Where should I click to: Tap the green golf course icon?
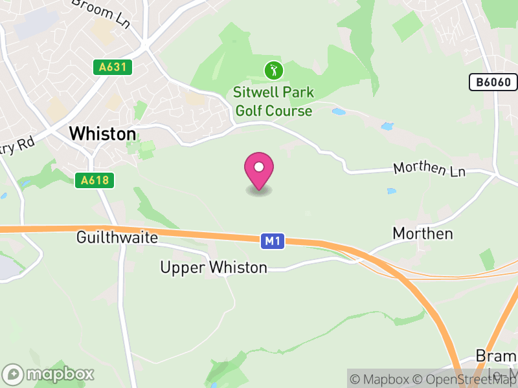click(273, 69)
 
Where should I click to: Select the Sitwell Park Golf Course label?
click(273, 102)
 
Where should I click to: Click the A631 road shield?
click(112, 67)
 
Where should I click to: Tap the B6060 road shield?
click(493, 81)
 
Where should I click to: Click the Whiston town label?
click(102, 134)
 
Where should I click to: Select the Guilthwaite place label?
click(117, 237)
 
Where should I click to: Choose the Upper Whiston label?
click(214, 267)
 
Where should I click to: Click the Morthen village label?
click(423, 233)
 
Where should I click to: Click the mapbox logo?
click(49, 374)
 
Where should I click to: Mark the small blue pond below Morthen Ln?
click(390, 191)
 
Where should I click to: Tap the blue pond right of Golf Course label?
click(339, 112)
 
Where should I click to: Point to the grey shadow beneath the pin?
click(259, 191)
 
